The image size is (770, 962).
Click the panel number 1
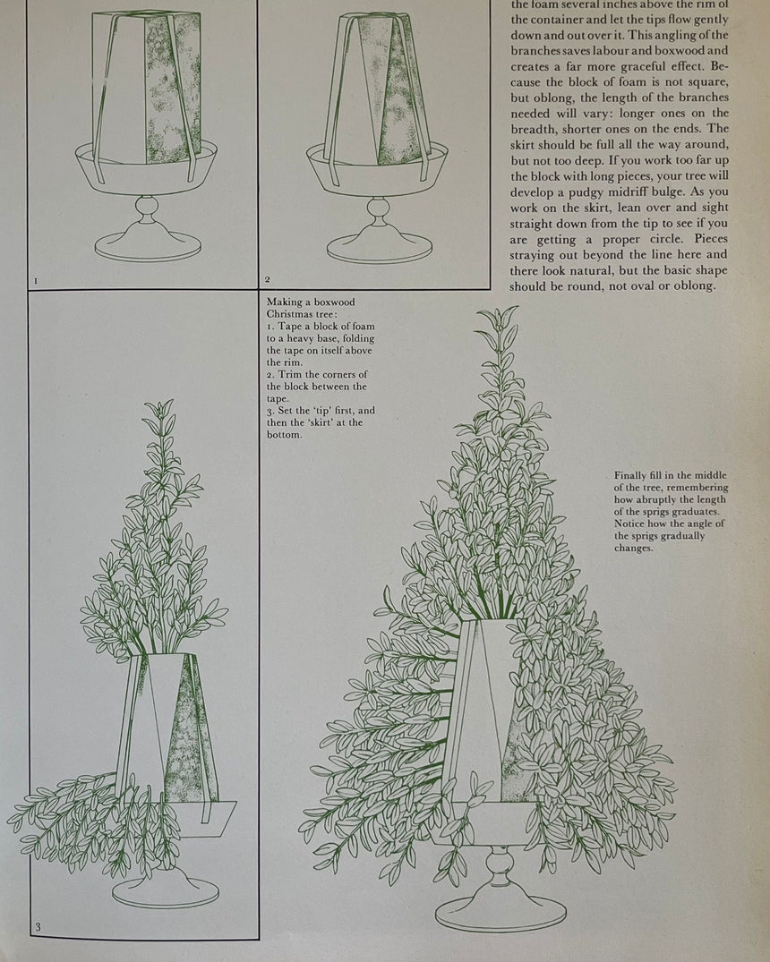click(36, 281)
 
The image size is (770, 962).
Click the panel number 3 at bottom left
click(37, 927)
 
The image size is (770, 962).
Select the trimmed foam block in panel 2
click(378, 89)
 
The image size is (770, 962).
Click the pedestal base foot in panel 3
click(166, 891)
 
